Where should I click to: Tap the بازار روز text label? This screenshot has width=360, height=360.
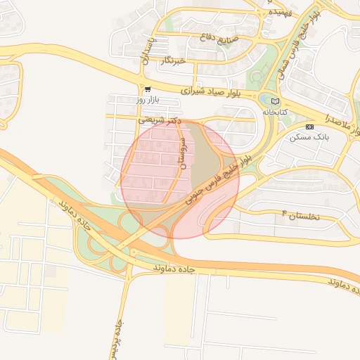point(150,101)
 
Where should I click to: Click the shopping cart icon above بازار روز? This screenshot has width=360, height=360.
point(147,90)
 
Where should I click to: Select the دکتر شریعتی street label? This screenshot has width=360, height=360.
point(156,120)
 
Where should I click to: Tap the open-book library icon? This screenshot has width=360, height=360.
point(275,101)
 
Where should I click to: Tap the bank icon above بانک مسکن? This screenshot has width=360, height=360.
point(310,127)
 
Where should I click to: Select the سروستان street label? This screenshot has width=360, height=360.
point(184,153)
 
